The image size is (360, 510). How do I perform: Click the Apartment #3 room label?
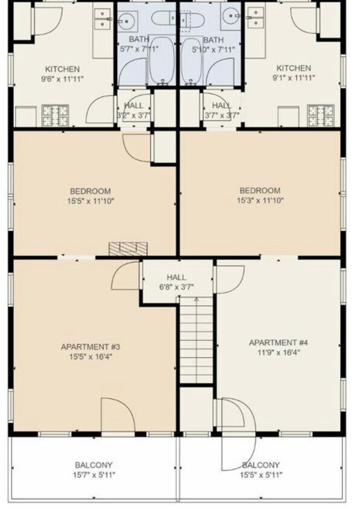click(x=91, y=351)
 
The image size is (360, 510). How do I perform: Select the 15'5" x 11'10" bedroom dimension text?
click(x=91, y=201)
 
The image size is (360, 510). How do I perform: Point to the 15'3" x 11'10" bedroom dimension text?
click(x=260, y=200)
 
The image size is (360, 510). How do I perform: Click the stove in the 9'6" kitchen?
click(x=56, y=115)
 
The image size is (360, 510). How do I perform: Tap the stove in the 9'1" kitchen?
click(x=321, y=115)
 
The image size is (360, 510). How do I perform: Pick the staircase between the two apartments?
click(x=196, y=340)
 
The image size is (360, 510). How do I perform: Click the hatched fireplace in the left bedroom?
click(x=128, y=249)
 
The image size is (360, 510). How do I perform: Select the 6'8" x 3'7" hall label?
click(x=176, y=282)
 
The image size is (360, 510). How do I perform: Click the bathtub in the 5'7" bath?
click(x=161, y=61)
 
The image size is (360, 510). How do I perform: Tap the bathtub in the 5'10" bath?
click(x=192, y=61)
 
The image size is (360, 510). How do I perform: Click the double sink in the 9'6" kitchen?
click(x=103, y=19)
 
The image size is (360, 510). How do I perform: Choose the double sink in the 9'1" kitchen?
click(x=256, y=18)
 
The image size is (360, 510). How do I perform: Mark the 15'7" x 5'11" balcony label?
click(x=94, y=470)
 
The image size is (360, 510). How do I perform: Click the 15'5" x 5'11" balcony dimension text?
click(x=261, y=475)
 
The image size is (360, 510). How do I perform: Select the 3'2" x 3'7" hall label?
click(x=133, y=110)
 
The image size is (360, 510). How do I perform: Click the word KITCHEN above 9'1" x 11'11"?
click(x=294, y=68)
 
